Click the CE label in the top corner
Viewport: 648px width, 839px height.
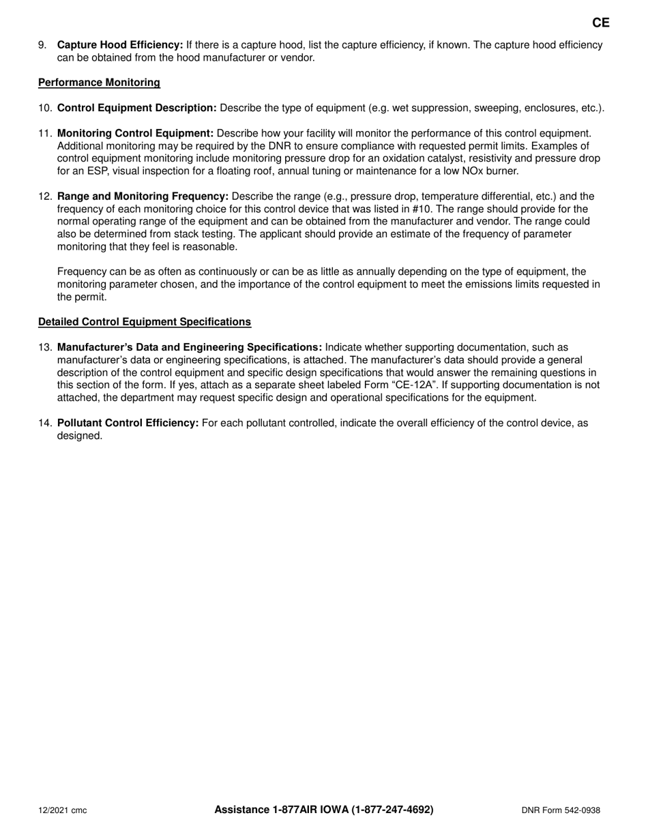click(x=600, y=23)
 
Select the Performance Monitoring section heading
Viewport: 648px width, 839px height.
click(x=99, y=83)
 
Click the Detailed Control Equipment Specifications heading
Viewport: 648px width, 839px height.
click(x=144, y=321)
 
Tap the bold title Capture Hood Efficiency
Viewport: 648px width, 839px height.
click(x=120, y=45)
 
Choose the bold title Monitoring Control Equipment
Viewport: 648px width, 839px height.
click(x=135, y=133)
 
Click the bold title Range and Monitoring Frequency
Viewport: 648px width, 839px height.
click(x=143, y=196)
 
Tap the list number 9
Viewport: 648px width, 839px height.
click(x=42, y=45)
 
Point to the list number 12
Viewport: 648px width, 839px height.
click(x=44, y=196)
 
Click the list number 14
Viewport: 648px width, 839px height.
click(x=44, y=423)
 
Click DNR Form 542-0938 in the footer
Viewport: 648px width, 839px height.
click(x=561, y=810)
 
